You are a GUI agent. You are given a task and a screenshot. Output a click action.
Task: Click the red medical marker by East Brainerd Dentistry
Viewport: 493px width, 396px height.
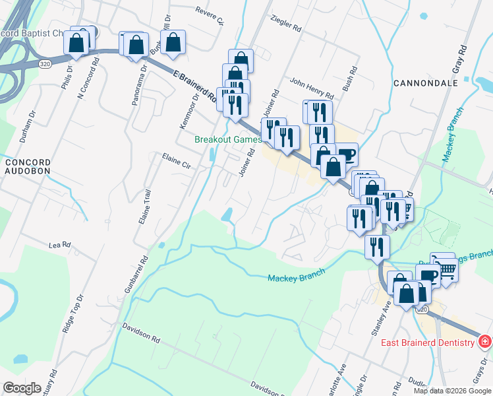click(x=484, y=342)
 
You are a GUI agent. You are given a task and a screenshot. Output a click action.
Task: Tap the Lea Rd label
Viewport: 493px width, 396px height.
click(x=59, y=245)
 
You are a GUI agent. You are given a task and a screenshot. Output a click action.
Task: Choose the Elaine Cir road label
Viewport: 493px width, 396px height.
click(x=176, y=162)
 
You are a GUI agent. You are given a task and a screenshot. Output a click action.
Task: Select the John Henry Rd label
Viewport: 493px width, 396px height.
click(x=307, y=87)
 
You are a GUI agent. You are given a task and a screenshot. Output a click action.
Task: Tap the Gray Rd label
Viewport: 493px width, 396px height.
click(x=459, y=59)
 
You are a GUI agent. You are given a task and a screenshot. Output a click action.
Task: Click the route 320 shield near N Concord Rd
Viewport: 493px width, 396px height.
click(x=45, y=64)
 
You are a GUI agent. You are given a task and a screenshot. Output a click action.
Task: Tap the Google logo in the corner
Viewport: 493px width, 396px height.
click(x=22, y=388)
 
